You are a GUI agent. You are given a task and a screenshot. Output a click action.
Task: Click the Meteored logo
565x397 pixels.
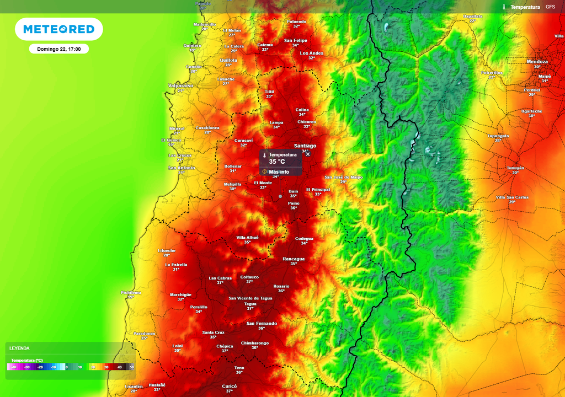tap(58, 29)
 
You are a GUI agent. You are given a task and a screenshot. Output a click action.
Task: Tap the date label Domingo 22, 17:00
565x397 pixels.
tap(58, 49)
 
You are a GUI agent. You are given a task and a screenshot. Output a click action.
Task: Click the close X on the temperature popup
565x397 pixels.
tap(308, 154)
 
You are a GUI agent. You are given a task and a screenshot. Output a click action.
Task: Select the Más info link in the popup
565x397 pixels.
tap(279, 171)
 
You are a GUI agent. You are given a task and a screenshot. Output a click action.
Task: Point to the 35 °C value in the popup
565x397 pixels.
tap(277, 162)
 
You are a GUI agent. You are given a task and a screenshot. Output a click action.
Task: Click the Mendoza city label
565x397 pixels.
tap(537, 61)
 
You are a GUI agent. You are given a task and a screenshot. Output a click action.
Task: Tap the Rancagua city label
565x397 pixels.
tap(294, 259)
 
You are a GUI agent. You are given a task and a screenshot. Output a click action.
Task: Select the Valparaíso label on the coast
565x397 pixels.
tap(180, 85)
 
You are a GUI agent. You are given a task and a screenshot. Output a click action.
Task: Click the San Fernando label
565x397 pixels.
tap(262, 323)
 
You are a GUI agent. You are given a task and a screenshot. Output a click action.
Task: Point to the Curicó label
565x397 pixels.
tap(230, 386)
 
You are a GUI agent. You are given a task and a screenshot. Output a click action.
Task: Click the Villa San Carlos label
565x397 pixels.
tap(512, 197)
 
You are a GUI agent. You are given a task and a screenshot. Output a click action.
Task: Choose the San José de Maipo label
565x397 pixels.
tap(343, 177)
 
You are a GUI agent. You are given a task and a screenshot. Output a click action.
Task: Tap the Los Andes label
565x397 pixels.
tap(312, 53)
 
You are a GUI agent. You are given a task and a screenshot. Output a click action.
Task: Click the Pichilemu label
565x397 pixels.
tap(131, 292)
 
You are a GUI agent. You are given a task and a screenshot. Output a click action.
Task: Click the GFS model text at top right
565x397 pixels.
tap(550, 7)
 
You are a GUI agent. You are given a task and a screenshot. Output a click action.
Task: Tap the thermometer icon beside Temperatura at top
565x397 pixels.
tap(504, 7)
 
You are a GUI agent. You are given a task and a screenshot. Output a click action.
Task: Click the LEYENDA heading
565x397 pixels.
tap(19, 348)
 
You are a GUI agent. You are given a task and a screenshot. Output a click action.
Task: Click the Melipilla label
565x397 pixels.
tap(232, 184)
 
